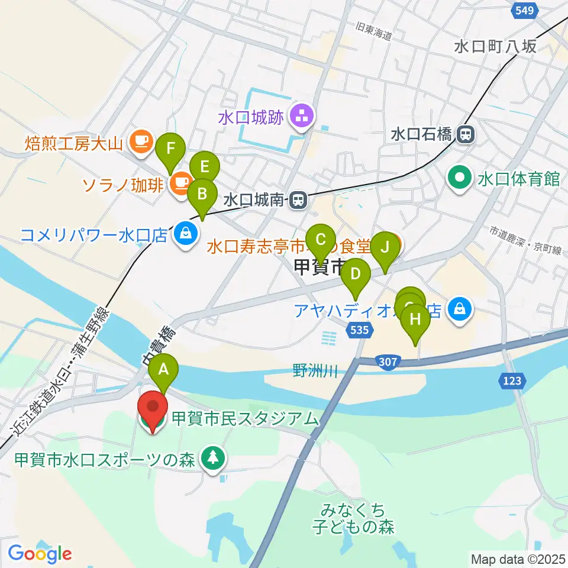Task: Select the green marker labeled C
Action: pyautogui.click(x=321, y=240)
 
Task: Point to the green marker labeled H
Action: pyautogui.click(x=415, y=319)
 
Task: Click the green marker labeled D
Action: pyautogui.click(x=355, y=275)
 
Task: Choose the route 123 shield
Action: pyautogui.click(x=512, y=381)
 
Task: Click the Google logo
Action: pyautogui.click(x=40, y=553)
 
